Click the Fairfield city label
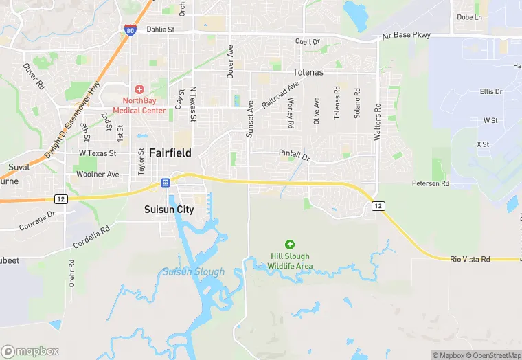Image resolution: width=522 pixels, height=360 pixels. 170,153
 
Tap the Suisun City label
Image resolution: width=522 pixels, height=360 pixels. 168,209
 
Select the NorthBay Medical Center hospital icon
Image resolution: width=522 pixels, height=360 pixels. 139,89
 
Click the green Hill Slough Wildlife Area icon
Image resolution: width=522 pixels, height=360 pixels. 290,244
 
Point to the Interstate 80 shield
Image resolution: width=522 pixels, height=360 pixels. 130,30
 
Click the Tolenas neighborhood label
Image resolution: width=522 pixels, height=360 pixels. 308,72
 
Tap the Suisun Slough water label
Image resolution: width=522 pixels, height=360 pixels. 193,272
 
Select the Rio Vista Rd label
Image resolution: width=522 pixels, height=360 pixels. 470,259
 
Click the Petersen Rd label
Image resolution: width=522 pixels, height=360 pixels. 430,184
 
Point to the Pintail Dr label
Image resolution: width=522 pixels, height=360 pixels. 295,155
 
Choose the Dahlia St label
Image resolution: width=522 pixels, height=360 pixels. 162,30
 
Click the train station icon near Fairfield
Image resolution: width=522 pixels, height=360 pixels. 165,182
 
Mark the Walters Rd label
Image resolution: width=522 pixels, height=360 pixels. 377,122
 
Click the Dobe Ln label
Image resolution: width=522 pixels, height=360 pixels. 470,17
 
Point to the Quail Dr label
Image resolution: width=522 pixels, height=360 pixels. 308,42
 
